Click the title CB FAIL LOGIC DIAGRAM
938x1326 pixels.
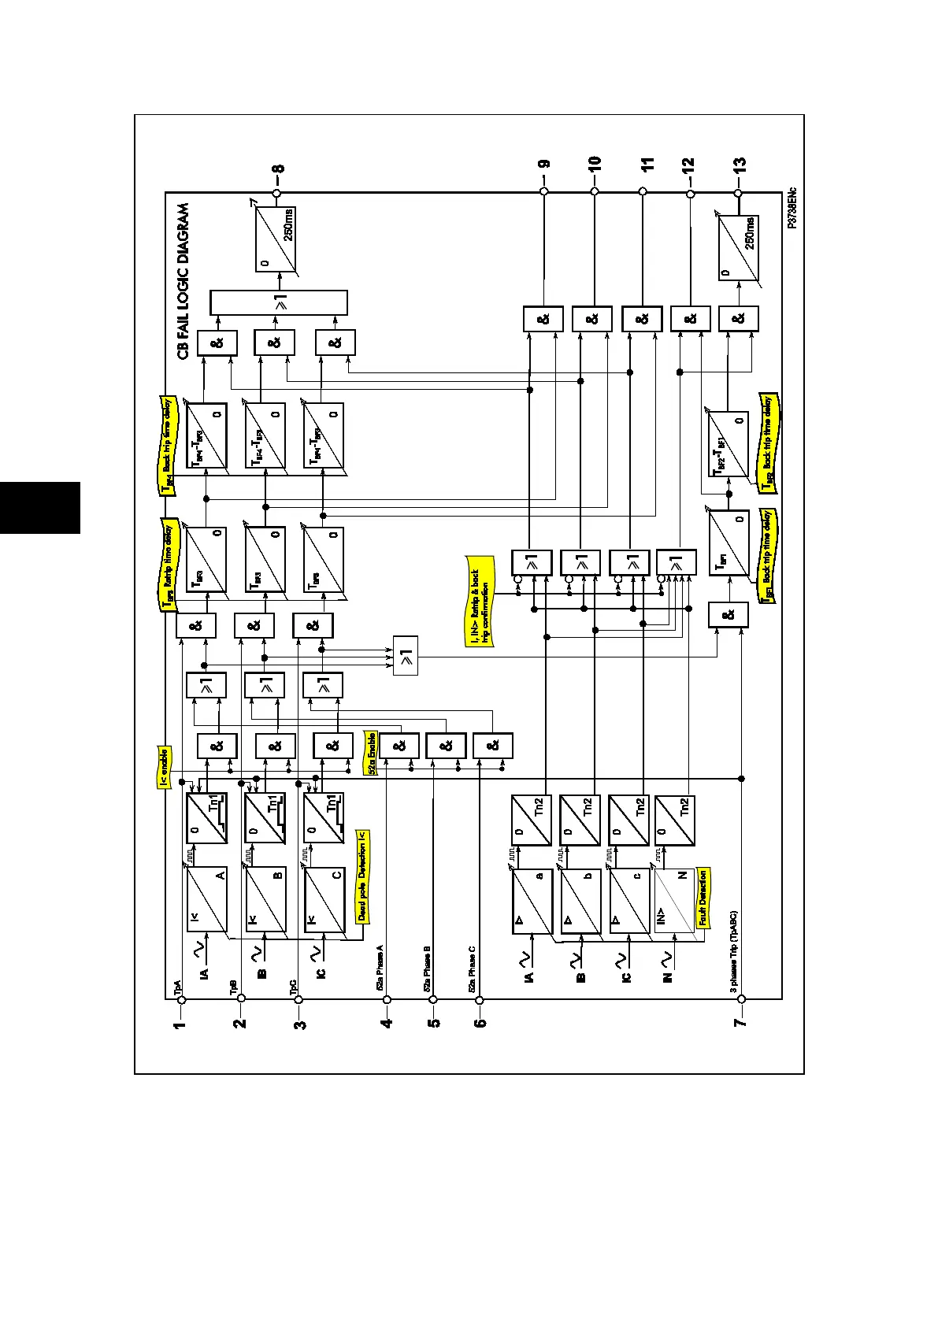pos(183,281)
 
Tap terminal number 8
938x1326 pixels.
pos(278,169)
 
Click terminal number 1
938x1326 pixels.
pos(181,1024)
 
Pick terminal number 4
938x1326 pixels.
pos(387,1024)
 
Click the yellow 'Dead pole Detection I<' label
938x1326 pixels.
pos(362,876)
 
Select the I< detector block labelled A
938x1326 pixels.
pos(206,899)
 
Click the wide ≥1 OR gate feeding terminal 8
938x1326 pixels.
pos(279,302)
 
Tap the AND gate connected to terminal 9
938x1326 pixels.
pos(543,319)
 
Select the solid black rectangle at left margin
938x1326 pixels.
pos(40,508)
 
